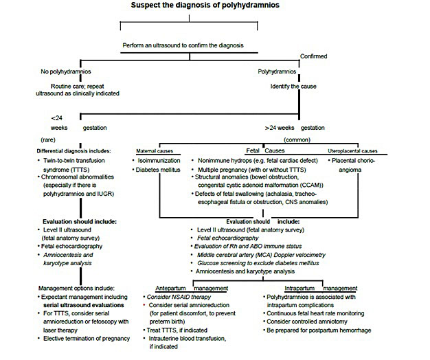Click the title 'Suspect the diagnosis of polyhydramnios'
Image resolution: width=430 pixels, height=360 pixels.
tap(205, 5)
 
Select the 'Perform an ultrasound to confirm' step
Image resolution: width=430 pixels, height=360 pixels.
tap(183, 45)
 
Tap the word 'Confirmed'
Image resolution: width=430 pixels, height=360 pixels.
tap(313, 56)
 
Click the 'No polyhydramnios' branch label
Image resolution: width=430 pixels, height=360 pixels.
tap(66, 71)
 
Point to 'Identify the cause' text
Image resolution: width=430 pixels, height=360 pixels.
tap(293, 87)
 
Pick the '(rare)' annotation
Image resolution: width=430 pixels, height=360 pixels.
tap(48, 140)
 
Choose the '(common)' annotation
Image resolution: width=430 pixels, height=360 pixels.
tap(297, 140)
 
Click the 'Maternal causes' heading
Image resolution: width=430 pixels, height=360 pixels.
tap(155, 150)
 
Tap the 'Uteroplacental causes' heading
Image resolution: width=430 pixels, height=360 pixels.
tap(352, 150)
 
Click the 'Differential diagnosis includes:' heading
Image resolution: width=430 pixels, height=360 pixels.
tap(73, 150)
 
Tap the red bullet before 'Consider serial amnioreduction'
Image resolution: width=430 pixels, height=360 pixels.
tap(144, 305)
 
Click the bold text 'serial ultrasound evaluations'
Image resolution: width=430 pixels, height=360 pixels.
tap(83, 305)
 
